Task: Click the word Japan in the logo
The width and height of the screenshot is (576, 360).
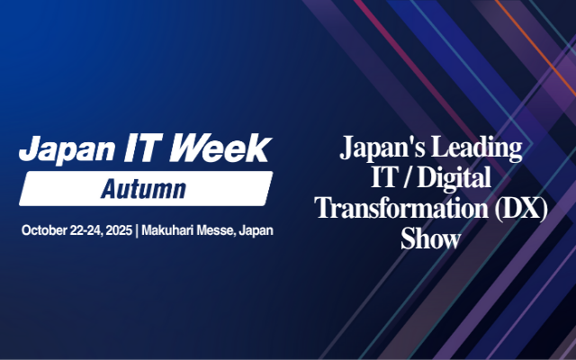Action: (58, 148)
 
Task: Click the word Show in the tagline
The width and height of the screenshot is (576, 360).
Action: (431, 239)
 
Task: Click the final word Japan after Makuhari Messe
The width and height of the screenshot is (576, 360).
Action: (257, 231)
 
